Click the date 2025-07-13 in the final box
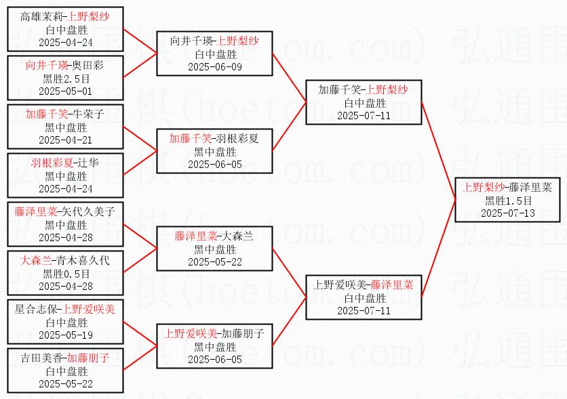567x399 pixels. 507,212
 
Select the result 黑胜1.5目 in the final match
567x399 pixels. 507,200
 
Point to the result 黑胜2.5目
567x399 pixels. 66,79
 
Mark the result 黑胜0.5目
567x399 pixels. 66,274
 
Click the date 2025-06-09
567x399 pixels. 215,66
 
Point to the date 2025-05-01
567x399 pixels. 66,91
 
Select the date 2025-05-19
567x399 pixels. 66,335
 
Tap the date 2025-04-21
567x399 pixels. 66,140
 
